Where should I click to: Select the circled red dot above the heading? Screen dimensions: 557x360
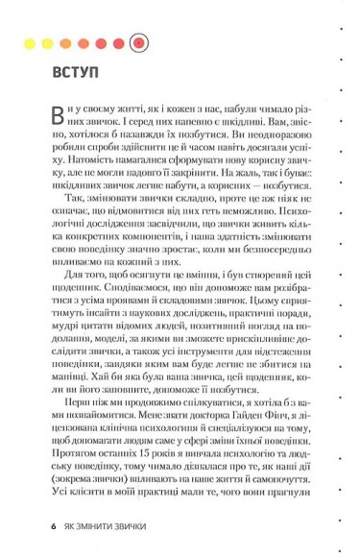pyautogui.click(x=138, y=42)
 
